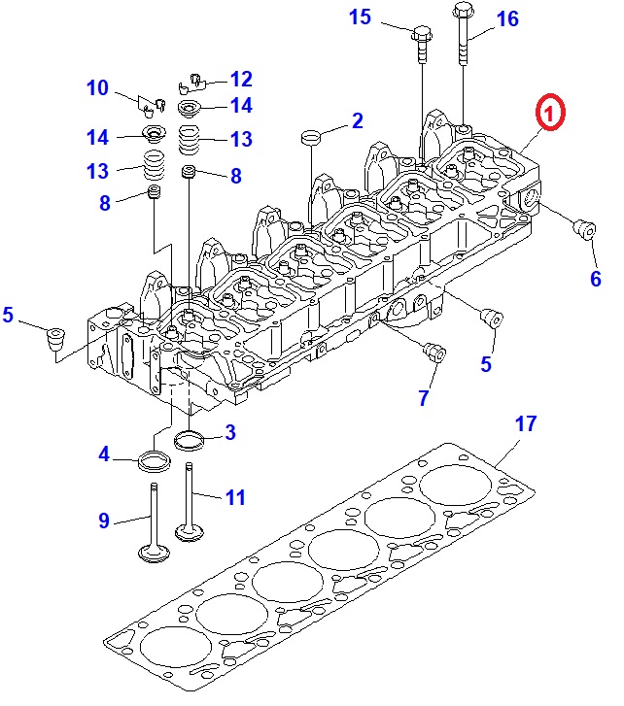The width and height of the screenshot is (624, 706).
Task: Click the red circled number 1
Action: pyautogui.click(x=549, y=114)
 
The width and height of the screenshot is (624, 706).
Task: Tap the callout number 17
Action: pyautogui.click(x=525, y=424)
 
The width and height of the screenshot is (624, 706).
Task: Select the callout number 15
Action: pyautogui.click(x=360, y=17)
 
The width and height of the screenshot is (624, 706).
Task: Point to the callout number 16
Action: pyautogui.click(x=506, y=17)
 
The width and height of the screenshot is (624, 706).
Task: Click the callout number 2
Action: pyautogui.click(x=357, y=120)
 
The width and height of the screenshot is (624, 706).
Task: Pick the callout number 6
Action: pyautogui.click(x=595, y=278)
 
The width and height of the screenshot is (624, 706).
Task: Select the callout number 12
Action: pyautogui.click(x=240, y=79)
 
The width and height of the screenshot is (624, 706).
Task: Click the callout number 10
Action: pyautogui.click(x=97, y=88)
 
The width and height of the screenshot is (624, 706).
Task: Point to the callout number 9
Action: pyautogui.click(x=104, y=521)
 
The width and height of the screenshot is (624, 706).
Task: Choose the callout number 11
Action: pyautogui.click(x=235, y=498)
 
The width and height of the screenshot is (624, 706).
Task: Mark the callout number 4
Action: pyautogui.click(x=103, y=452)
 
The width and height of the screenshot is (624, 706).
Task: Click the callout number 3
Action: pyautogui.click(x=229, y=432)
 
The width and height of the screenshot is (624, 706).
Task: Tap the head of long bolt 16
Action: pyautogui.click(x=462, y=13)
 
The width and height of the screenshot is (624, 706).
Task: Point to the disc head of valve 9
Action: pyautogui.click(x=152, y=555)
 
